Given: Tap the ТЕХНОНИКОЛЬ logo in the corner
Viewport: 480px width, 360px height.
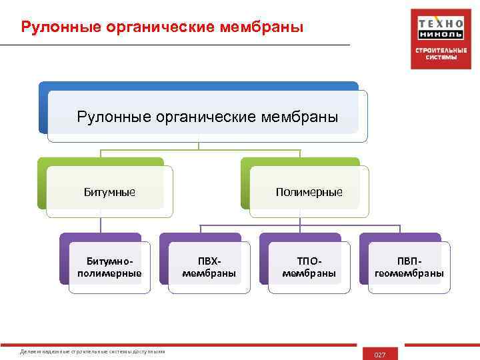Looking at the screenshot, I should point(441,39).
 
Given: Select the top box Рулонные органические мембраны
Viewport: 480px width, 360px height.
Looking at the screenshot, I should point(207,117).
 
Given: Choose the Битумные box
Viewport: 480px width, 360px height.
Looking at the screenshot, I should point(109,192).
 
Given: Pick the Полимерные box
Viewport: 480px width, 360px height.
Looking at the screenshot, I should point(309,192).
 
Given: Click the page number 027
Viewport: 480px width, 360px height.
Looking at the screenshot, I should point(380,355).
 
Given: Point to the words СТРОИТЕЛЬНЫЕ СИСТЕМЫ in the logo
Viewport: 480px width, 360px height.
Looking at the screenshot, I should point(441,53).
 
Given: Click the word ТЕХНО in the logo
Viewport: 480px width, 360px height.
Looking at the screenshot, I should point(441,21).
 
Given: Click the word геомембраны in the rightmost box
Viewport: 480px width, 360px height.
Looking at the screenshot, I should point(409,273).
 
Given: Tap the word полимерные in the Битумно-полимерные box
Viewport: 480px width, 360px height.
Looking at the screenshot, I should point(109,273).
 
